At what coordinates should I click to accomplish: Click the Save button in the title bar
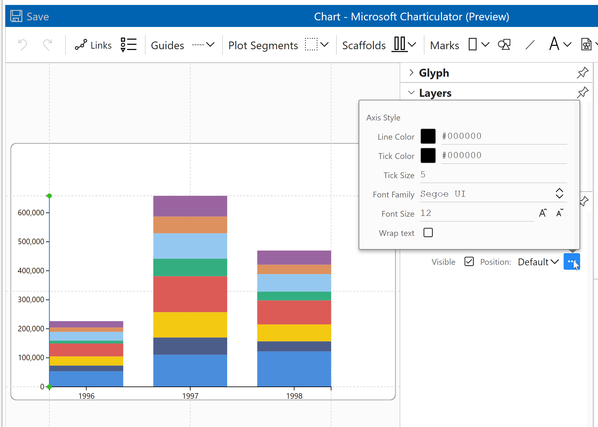coord(30,16)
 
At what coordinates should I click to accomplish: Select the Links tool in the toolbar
coord(93,45)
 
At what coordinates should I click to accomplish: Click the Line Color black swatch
coord(428,136)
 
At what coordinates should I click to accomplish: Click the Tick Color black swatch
coord(428,155)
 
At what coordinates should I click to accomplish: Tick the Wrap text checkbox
coord(428,233)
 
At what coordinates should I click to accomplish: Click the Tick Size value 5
coord(423,175)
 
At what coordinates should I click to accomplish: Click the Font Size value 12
coord(426,213)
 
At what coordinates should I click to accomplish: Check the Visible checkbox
coord(469,261)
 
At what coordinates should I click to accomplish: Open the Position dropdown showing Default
coord(538,262)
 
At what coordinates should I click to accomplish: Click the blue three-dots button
coord(571,261)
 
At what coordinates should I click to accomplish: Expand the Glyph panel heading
coord(434,73)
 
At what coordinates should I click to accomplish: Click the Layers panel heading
coord(435,93)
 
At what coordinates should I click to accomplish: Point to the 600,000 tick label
coord(31,213)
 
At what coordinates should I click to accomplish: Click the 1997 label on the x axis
coord(190,396)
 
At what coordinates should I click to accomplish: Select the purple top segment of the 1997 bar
coord(190,206)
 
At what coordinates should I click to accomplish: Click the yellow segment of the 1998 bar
coord(294,333)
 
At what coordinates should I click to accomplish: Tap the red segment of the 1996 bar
coord(86,350)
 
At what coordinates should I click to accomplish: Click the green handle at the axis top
coord(49,196)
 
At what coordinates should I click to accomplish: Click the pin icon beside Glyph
coord(582,73)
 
